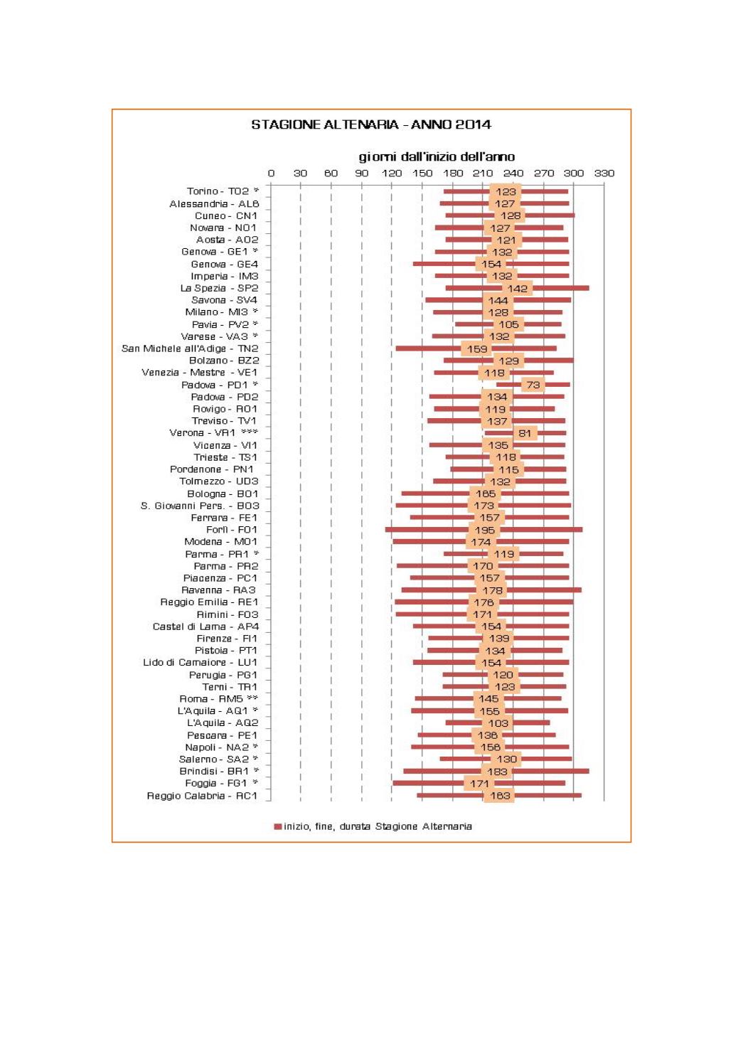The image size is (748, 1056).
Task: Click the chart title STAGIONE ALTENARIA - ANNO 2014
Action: point(370,124)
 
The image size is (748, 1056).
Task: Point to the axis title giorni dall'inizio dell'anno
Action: point(437,156)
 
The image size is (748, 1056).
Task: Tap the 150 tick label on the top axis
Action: point(422,173)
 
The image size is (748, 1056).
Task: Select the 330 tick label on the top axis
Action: point(604,173)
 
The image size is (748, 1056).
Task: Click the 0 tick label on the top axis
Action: point(271,173)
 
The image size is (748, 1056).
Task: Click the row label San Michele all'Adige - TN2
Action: point(190,348)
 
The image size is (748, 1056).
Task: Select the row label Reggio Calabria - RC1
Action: point(202,796)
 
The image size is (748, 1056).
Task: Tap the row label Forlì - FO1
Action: point(232,530)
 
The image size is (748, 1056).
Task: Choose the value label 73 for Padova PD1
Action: point(533,385)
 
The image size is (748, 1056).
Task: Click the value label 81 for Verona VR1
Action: point(525,433)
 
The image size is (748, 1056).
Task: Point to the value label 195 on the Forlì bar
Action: point(484,530)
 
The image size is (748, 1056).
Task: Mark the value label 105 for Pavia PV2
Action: point(508,324)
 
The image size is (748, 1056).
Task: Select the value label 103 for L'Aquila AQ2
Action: point(498,723)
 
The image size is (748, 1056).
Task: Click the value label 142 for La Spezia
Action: point(518,288)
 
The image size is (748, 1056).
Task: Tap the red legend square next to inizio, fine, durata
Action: point(277,826)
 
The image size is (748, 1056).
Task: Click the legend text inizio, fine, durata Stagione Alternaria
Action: point(378,826)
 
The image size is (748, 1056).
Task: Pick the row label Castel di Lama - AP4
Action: point(205,626)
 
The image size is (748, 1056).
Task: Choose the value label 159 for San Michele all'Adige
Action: point(477,348)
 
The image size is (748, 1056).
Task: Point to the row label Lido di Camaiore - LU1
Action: point(200,663)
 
